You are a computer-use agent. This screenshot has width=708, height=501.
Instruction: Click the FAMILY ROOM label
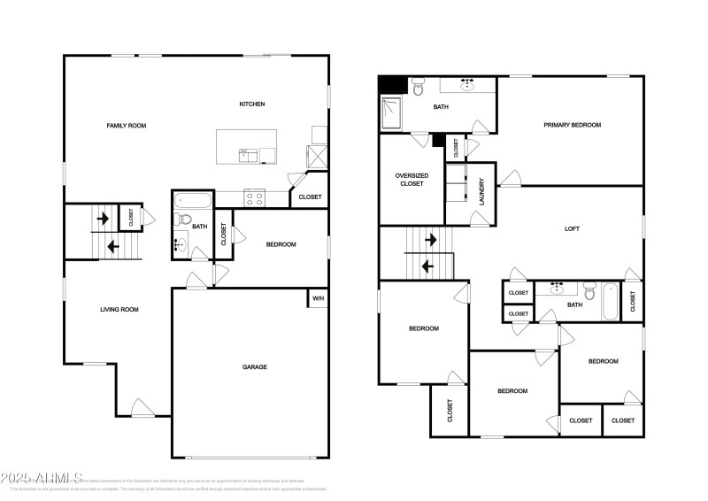(127, 126)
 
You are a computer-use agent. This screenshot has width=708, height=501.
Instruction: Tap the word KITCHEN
(252, 104)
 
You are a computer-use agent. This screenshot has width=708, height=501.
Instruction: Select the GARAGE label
(255, 366)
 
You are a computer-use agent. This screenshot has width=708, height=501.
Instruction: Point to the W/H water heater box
(318, 298)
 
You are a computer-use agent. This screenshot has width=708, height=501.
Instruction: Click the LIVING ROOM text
(119, 310)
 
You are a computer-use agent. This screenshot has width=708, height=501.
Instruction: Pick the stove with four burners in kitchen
(254, 197)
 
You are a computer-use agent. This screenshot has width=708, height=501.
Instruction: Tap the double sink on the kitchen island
(248, 156)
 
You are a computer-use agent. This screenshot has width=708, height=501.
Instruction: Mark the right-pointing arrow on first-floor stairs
(103, 218)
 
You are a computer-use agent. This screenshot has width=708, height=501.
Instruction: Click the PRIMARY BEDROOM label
(572, 126)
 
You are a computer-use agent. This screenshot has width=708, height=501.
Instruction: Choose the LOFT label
(573, 228)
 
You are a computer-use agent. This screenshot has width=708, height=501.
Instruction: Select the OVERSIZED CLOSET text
(412, 180)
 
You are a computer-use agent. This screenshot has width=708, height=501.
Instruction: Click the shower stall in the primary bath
(392, 112)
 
